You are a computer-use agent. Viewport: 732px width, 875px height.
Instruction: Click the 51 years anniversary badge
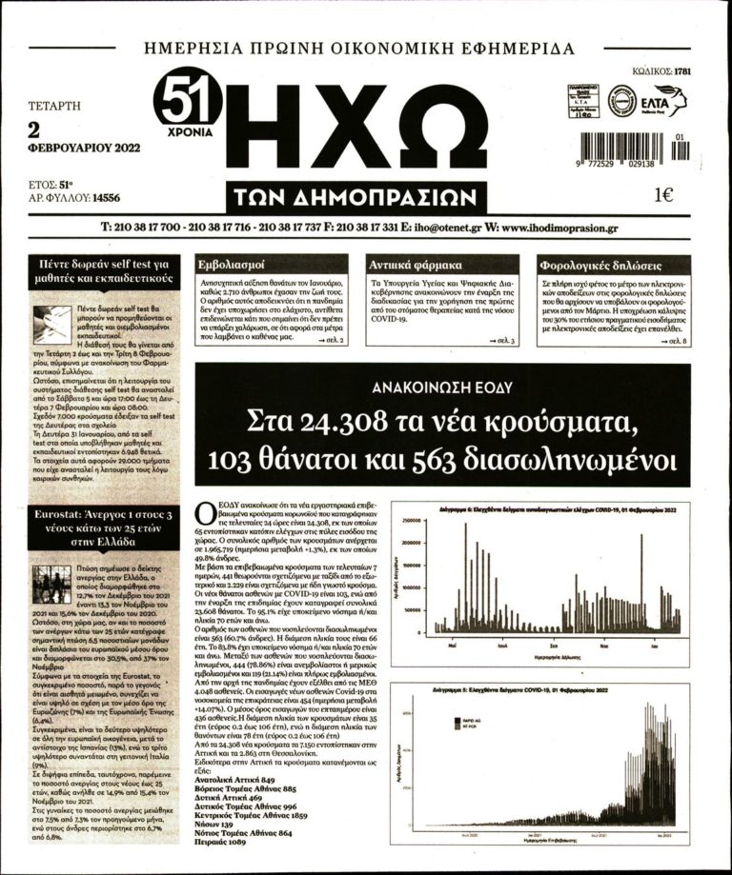(x=189, y=102)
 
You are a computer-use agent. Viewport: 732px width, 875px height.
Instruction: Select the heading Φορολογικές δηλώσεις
(x=600, y=265)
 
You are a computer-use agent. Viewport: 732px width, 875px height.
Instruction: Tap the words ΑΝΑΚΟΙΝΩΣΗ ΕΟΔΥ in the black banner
(x=443, y=387)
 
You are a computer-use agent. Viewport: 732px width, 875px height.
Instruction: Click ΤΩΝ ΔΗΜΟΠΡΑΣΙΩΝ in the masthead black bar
(x=352, y=198)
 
